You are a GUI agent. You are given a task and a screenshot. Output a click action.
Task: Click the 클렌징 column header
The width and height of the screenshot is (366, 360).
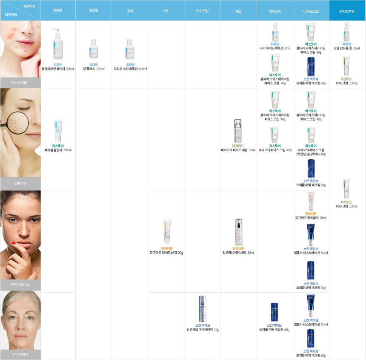[x=58, y=11]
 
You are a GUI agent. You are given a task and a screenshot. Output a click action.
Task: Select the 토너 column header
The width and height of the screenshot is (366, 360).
[x=130, y=11]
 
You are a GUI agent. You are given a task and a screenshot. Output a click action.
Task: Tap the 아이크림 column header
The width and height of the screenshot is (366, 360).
[x=202, y=11]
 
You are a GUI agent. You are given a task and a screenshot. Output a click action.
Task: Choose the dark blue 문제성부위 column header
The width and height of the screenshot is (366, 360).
[x=347, y=11]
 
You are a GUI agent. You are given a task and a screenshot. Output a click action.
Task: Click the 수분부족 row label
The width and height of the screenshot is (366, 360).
[x=20, y=184]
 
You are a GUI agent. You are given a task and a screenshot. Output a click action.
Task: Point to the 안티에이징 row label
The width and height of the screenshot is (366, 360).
[x=20, y=354]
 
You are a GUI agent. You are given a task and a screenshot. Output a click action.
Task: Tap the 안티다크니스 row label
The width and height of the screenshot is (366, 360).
[x=20, y=285]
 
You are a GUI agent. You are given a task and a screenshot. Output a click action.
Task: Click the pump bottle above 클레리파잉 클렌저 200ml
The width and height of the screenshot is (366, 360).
[x=57, y=44]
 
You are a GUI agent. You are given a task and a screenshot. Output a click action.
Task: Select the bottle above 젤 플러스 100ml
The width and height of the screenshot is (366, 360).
[x=94, y=49]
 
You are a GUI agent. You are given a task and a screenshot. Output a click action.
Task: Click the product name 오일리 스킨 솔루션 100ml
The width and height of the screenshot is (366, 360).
[x=130, y=69]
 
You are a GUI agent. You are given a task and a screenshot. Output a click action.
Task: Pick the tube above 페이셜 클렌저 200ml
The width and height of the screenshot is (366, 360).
[x=57, y=130]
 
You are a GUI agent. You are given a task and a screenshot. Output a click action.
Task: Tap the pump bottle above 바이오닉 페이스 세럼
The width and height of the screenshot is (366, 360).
[x=238, y=130]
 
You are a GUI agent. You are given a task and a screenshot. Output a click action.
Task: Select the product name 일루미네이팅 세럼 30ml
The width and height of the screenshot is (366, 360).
[x=238, y=253]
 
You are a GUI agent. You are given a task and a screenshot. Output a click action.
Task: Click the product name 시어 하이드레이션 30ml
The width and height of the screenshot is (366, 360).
[x=274, y=48]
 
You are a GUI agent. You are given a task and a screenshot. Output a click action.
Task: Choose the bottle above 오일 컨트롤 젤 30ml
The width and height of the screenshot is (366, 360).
[x=346, y=32]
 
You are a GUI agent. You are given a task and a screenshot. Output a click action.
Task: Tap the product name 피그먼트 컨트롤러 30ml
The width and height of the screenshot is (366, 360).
[x=311, y=218]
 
